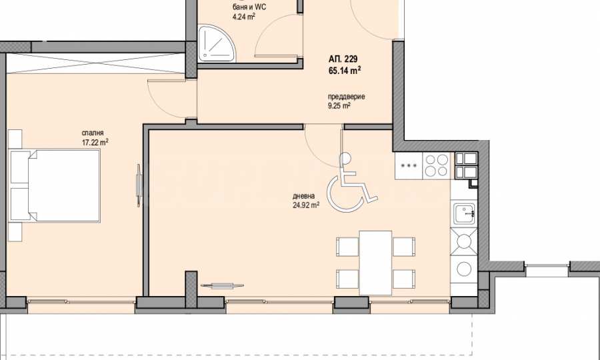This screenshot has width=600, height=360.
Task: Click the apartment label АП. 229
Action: (343, 59)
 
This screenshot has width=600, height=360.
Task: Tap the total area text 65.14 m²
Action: (345, 71)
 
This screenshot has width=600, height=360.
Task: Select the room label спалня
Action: (93, 133)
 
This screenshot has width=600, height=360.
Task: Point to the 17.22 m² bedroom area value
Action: (95, 142)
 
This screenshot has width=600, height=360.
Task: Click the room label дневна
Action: (304, 196)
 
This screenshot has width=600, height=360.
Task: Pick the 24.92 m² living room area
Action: (306, 205)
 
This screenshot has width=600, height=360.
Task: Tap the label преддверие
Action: (346, 97)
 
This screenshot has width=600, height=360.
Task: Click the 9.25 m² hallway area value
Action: (339, 106)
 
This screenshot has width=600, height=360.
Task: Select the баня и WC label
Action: (249, 7)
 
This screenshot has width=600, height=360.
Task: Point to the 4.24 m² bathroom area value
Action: (244, 17)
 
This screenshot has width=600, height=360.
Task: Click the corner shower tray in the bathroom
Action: (217, 43)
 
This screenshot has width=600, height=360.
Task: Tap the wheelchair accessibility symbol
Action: (351, 183)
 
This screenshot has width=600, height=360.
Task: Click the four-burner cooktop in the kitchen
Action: (437, 165)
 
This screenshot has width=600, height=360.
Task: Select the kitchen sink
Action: (464, 213)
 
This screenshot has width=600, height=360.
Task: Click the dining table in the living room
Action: (375, 263)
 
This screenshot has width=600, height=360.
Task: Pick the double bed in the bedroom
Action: (55, 185)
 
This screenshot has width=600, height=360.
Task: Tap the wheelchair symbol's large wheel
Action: (345, 194)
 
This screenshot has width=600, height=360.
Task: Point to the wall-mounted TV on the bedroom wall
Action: (139, 185)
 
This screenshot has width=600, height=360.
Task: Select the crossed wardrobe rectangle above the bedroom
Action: (95, 63)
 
